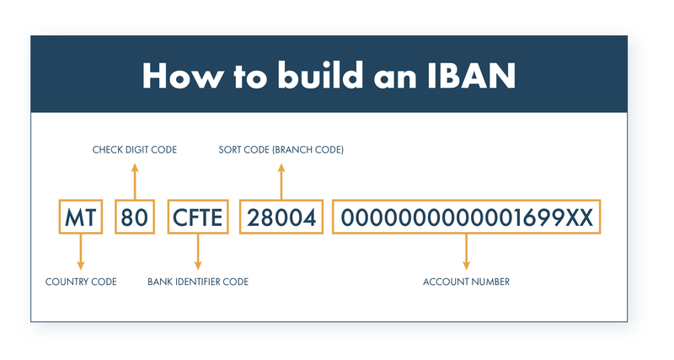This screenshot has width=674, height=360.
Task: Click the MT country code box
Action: point(81,218)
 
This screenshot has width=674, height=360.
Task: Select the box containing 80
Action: point(135,218)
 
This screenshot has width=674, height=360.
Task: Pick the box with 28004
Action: point(281,218)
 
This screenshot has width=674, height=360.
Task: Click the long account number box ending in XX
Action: point(467,218)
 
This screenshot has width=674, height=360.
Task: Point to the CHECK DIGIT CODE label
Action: point(135,150)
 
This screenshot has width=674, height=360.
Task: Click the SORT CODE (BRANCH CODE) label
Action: point(281,150)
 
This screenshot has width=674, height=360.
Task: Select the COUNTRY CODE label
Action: point(81,282)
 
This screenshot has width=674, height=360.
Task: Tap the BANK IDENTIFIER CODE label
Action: point(198,282)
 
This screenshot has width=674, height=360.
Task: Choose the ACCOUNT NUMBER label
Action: point(466,282)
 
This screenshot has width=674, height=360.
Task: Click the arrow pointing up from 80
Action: point(135,180)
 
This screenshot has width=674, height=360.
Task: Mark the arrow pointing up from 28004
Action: point(281,180)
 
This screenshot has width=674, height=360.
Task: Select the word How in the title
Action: point(179,76)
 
